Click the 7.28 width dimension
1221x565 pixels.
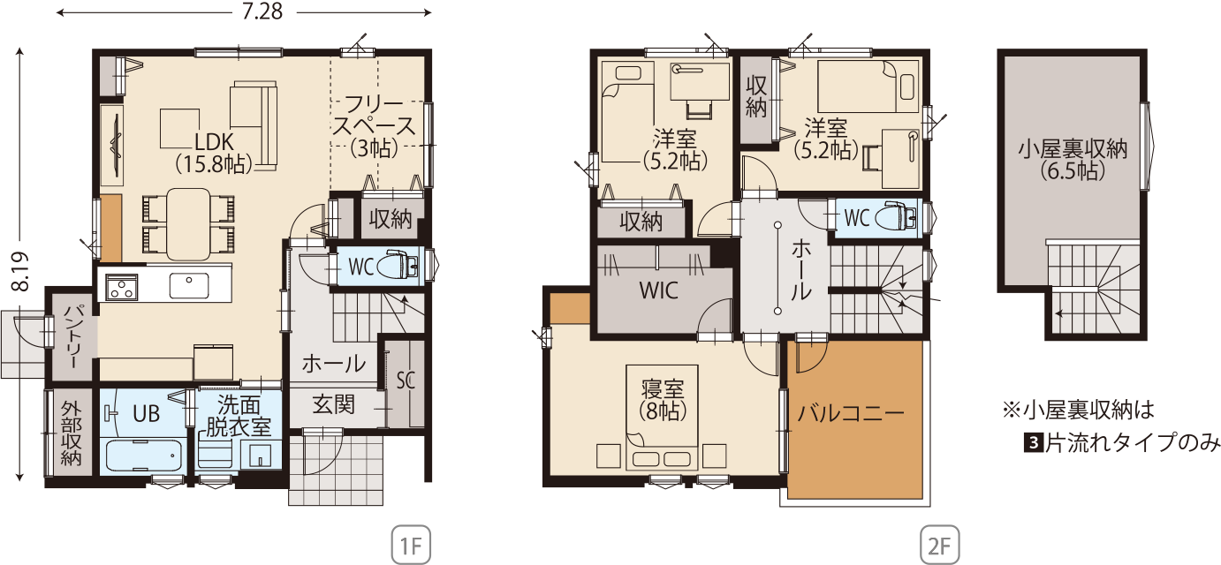pyautogui.click(x=262, y=11)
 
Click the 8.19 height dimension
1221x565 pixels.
pyautogui.click(x=20, y=271)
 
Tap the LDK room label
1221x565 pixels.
pyautogui.click(x=214, y=142)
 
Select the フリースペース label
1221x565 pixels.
pyautogui.click(x=374, y=115)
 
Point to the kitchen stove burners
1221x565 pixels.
pyautogui.click(x=122, y=287)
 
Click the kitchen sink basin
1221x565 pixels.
pyautogui.click(x=188, y=285)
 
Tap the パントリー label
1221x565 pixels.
pyautogui.click(x=72, y=336)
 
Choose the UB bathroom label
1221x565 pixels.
pyautogui.click(x=146, y=413)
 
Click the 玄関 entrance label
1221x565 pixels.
pyautogui.click(x=334, y=405)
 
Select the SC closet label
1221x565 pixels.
pyautogui.click(x=406, y=380)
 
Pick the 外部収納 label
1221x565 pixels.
pyautogui.click(x=71, y=433)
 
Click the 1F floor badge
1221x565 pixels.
pyautogui.click(x=411, y=545)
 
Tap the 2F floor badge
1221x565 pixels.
pyautogui.click(x=939, y=545)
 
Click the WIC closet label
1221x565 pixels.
pyautogui.click(x=658, y=290)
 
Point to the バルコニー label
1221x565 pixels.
pyautogui.click(x=851, y=413)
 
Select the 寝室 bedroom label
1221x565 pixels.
pyautogui.click(x=663, y=389)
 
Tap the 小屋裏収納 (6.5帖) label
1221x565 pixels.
pyautogui.click(x=1073, y=160)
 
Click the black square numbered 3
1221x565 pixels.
pyautogui.click(x=1033, y=443)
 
